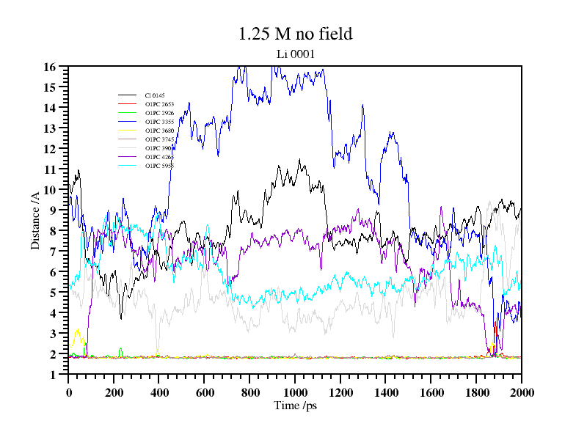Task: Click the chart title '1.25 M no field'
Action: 295,34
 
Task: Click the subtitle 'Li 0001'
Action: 295,54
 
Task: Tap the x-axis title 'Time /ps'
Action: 294,406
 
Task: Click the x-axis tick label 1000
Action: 295,391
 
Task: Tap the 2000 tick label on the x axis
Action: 521,391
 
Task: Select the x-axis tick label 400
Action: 159,391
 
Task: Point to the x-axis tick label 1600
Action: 431,391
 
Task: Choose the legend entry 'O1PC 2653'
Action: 159,104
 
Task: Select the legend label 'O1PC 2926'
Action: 159,113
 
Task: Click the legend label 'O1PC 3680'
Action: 159,131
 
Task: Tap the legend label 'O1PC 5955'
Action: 159,166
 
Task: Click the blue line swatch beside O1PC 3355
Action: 128,122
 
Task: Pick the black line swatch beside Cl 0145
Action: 128,95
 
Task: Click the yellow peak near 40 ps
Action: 77,330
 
